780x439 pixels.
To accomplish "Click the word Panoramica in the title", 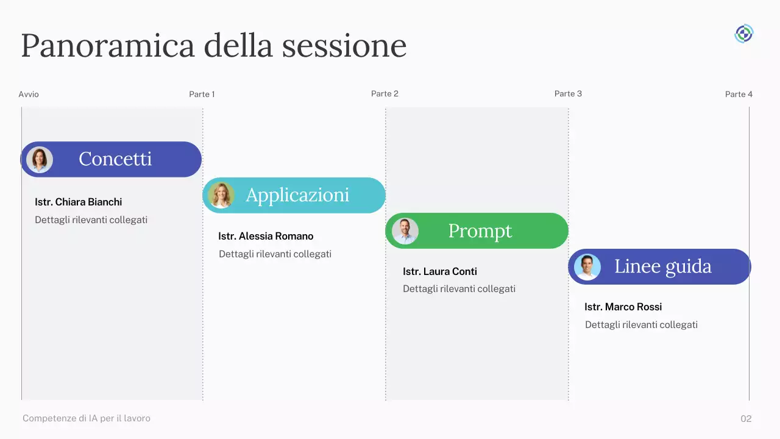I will click(x=107, y=46).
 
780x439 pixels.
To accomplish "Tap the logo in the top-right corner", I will click(x=743, y=34).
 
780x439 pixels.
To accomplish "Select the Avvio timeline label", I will click(x=29, y=95).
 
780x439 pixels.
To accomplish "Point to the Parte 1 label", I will click(x=202, y=95).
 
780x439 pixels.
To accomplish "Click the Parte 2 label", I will click(x=385, y=94).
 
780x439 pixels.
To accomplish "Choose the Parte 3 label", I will click(x=568, y=94).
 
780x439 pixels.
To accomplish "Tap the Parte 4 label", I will click(x=739, y=95).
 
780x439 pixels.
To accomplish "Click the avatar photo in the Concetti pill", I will click(x=40, y=160).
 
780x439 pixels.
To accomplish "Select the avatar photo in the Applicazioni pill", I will click(x=221, y=195).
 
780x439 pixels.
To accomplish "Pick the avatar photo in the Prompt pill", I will click(x=405, y=231).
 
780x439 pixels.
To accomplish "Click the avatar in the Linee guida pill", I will click(x=587, y=267).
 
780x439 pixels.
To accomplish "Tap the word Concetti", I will click(x=115, y=159).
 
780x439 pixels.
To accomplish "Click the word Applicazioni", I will click(x=297, y=195).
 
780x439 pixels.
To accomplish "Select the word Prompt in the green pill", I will click(x=480, y=231).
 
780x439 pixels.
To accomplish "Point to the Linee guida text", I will click(x=663, y=266).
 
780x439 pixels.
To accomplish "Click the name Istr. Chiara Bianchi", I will click(x=79, y=202).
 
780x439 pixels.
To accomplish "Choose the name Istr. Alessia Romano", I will click(x=266, y=236).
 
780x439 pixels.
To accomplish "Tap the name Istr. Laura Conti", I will click(x=440, y=271).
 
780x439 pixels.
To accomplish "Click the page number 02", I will click(x=746, y=419).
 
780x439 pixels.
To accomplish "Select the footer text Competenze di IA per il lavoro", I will click(x=87, y=418).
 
